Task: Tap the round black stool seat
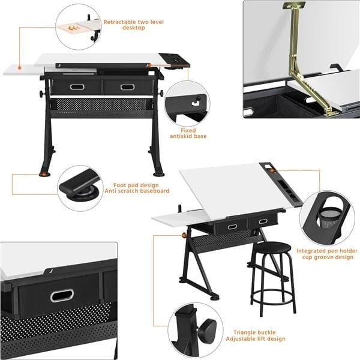[x=272, y=247]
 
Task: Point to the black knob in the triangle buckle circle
[x=208, y=330]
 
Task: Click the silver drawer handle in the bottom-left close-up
[x=62, y=295]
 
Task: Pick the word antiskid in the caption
[x=181, y=136]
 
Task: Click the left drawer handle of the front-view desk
[x=77, y=87]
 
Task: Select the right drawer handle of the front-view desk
[x=127, y=87]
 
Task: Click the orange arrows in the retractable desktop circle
[x=73, y=28]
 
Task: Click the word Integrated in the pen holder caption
[x=311, y=251]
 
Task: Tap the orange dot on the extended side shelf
[x=20, y=68]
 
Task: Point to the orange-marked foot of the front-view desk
[x=44, y=174]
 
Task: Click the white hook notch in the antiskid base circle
[x=196, y=103]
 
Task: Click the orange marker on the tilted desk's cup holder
[x=272, y=170]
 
